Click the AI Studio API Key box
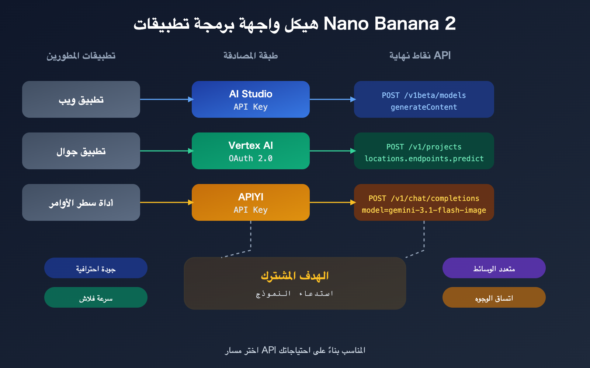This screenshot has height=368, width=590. coord(251,99)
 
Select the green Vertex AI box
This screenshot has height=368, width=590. coord(251,151)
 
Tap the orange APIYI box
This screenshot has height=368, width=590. coord(251,202)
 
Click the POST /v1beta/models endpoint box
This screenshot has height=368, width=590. coord(424,99)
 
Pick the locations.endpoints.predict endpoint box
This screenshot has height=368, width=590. coord(424,151)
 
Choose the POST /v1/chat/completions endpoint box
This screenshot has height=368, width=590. coord(424,202)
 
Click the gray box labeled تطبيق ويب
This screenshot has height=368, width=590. coord(81,99)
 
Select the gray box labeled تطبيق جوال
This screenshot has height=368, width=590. coord(81,151)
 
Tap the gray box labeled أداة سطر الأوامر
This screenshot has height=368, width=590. coord(81,202)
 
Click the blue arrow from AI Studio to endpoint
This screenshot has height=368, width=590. coord(332,99)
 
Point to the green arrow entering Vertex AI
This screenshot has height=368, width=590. coord(166,151)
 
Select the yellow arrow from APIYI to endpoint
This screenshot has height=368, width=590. coord(332,202)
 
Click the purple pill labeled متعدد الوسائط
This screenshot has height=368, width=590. coord(494,268)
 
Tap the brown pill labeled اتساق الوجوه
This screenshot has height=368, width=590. coord(494,297)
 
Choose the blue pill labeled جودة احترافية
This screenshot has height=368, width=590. coord(96,268)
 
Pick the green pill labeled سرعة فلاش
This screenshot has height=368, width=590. coord(96,297)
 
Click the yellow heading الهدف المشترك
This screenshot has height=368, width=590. coord(295,275)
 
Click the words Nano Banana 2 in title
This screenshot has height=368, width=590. coord(389,24)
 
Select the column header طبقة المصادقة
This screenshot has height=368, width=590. coord(251,56)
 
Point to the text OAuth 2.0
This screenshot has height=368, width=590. coord(251,158)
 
